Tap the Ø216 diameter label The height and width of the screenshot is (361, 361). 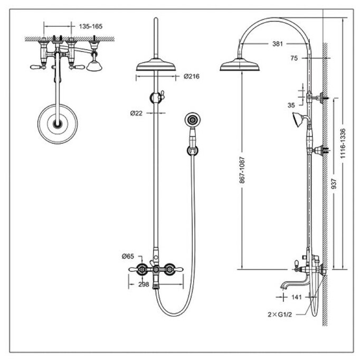pos(192,77)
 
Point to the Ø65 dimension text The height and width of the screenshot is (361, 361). pos(127,256)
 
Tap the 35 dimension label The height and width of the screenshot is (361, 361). pos(291,105)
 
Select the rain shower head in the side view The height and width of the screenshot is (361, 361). pos(241,66)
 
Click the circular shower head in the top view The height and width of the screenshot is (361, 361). pos(58,125)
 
